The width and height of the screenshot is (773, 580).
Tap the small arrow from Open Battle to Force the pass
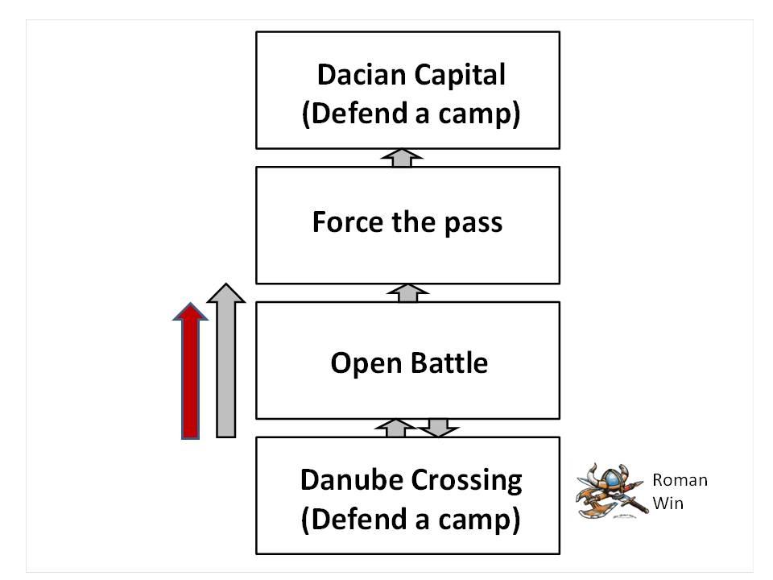[x=407, y=292]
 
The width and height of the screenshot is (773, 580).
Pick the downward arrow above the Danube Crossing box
[x=438, y=427]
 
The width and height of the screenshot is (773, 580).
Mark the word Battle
[x=450, y=362]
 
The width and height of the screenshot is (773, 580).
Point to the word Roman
[x=680, y=481]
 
